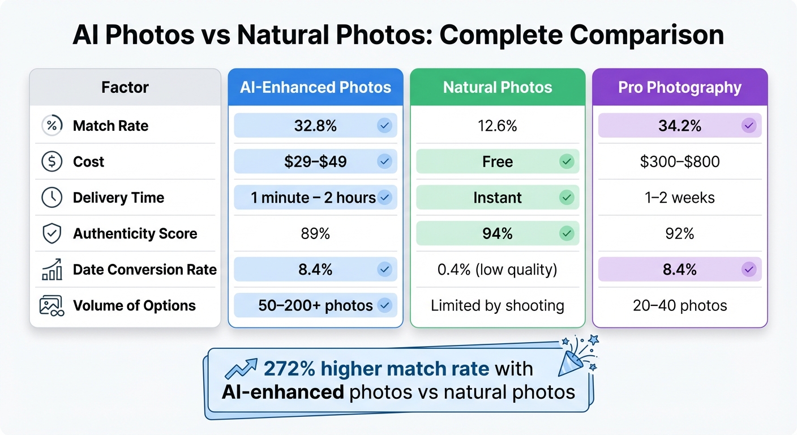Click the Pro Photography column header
[679, 88]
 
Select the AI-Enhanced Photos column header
[315, 88]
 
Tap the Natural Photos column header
[498, 88]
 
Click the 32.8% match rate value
[315, 126]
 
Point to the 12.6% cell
[498, 126]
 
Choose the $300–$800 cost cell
[679, 161]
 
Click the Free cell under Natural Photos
[498, 161]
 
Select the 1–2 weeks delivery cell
[679, 198]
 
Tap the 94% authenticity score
[498, 233]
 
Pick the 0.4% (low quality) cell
[498, 270]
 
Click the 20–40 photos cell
[679, 306]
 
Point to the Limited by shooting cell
[498, 306]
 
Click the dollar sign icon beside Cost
[52, 162]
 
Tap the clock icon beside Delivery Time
[52, 198]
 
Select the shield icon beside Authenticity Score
[52, 233]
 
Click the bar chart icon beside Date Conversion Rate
[52, 270]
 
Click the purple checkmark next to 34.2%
[749, 126]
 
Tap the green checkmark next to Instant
[566, 198]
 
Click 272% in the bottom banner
[289, 369]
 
